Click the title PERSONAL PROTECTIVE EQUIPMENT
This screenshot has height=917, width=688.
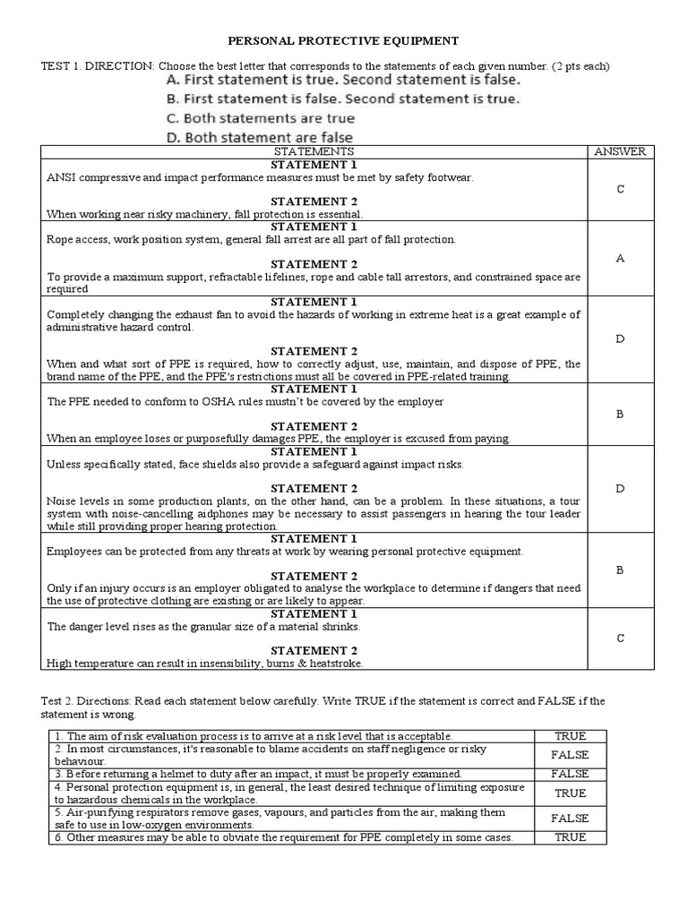click(x=344, y=40)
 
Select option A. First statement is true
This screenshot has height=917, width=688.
click(x=340, y=80)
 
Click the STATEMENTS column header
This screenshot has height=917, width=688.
click(x=314, y=152)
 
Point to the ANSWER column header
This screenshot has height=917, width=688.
click(x=620, y=152)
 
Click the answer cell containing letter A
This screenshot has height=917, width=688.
click(x=620, y=258)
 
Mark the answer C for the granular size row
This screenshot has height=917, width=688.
click(x=620, y=638)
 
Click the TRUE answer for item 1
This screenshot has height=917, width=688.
click(x=570, y=736)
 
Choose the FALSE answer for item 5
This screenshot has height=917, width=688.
click(x=570, y=818)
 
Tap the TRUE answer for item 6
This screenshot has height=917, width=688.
click(x=570, y=837)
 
